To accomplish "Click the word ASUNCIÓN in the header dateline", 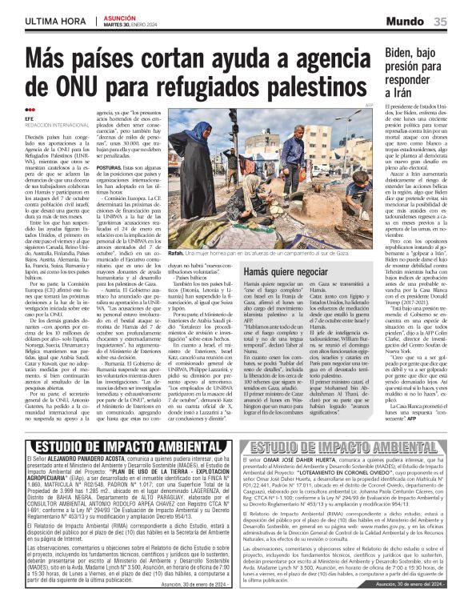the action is (118, 17).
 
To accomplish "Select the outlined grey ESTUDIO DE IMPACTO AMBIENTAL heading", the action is (351, 447).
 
